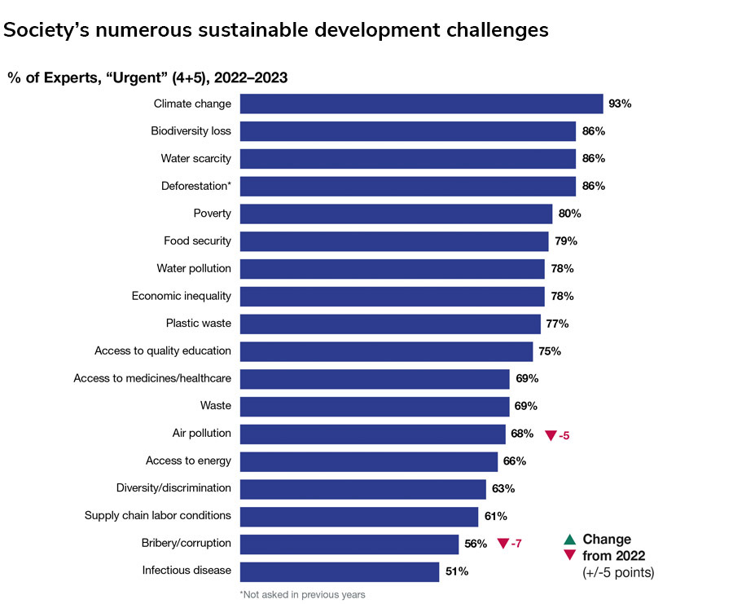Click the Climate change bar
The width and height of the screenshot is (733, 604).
(422, 104)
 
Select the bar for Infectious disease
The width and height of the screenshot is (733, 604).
(340, 571)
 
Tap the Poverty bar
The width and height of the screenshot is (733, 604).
(397, 214)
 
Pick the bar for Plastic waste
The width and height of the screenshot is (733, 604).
(391, 324)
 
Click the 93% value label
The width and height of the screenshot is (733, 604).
(620, 104)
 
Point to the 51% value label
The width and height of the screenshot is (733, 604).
(457, 571)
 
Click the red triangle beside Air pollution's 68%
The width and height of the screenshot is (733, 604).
(551, 436)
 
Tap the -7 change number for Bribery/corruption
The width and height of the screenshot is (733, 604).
(516, 544)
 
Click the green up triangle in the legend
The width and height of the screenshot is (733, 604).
(570, 539)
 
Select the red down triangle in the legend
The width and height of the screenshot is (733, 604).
(570, 556)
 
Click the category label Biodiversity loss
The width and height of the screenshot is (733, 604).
(191, 131)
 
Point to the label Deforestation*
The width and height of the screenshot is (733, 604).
(195, 186)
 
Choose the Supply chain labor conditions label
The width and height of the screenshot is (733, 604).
(158, 516)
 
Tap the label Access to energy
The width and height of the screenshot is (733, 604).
(188, 461)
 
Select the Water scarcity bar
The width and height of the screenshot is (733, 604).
(408, 158)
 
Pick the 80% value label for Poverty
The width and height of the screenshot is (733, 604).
(569, 214)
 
